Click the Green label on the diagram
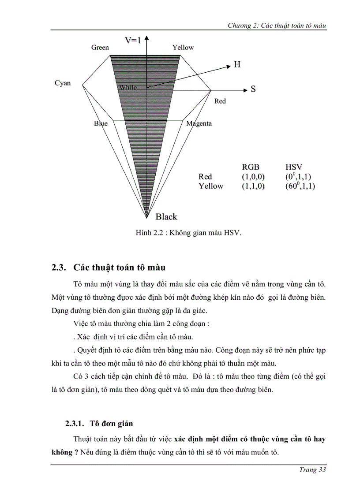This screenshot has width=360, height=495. [x=100, y=48]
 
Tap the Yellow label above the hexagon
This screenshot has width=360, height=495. [x=183, y=48]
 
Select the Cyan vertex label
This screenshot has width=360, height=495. [x=63, y=83]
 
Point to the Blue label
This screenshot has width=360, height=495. [x=101, y=123]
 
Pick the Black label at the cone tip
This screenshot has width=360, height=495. [x=166, y=216]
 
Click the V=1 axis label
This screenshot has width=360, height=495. [x=133, y=40]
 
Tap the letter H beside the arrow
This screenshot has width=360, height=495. [x=237, y=65]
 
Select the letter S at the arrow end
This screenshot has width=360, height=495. [x=253, y=89]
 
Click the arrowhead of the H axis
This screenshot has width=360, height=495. [x=229, y=66]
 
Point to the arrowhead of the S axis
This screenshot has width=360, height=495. [x=245, y=90]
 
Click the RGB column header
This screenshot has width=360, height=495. [x=251, y=167]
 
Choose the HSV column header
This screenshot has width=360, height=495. [x=294, y=167]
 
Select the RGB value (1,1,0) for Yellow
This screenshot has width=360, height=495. [x=253, y=186]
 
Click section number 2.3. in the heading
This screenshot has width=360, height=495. [x=59, y=268]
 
